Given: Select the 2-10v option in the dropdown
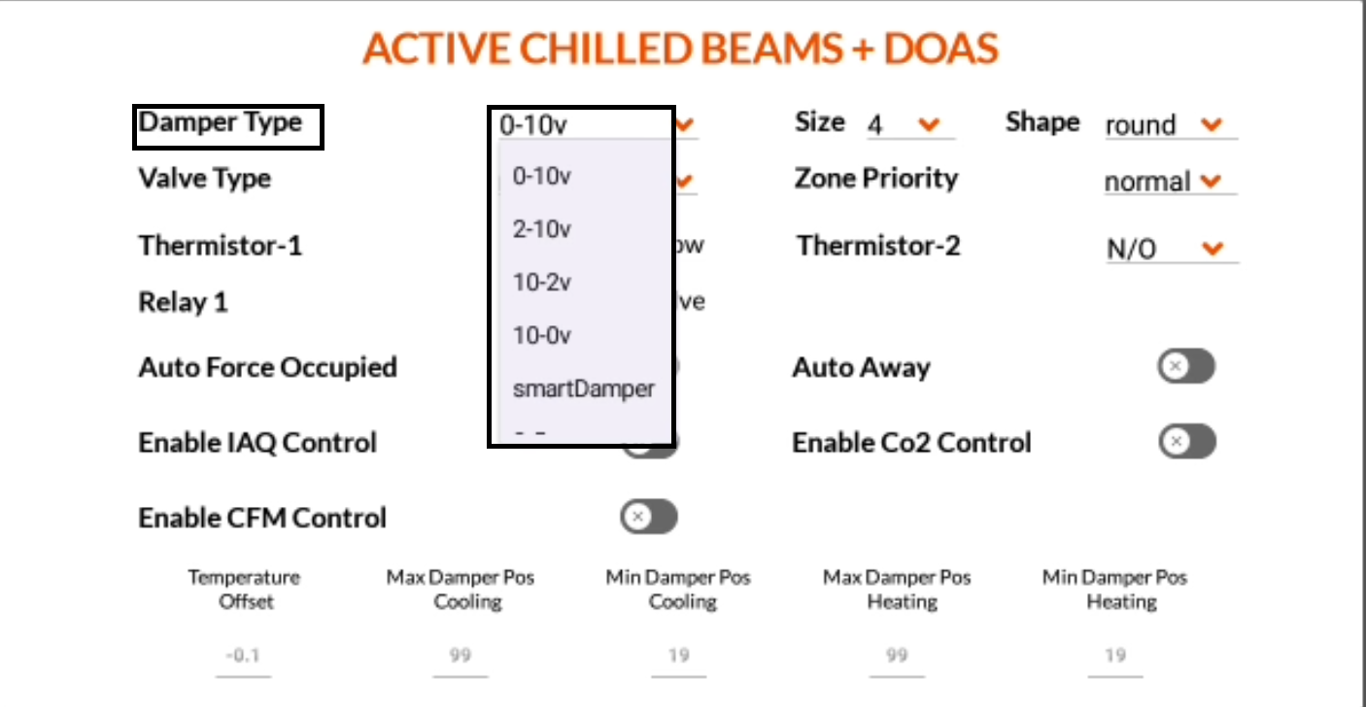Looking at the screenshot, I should point(542,229).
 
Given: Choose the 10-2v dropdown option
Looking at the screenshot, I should point(542,282).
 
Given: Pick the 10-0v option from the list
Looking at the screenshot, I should point(542,335).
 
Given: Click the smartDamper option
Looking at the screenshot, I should point(583,388).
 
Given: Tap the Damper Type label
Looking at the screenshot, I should point(221,123).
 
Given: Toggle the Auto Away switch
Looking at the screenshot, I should point(1185,367).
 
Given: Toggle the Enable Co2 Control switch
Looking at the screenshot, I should point(1186,442).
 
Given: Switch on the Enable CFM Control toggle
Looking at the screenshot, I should point(648,518).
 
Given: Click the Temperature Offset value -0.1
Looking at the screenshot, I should point(243,656).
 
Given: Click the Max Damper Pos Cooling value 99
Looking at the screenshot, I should point(461,656).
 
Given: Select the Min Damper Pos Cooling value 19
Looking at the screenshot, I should point(678,656).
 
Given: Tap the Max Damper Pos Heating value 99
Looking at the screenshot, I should point(897,656).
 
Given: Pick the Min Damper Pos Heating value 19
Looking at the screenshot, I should point(1114,656).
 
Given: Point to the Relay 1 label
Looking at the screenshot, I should point(183,303).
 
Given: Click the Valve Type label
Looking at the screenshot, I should point(205,179).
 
